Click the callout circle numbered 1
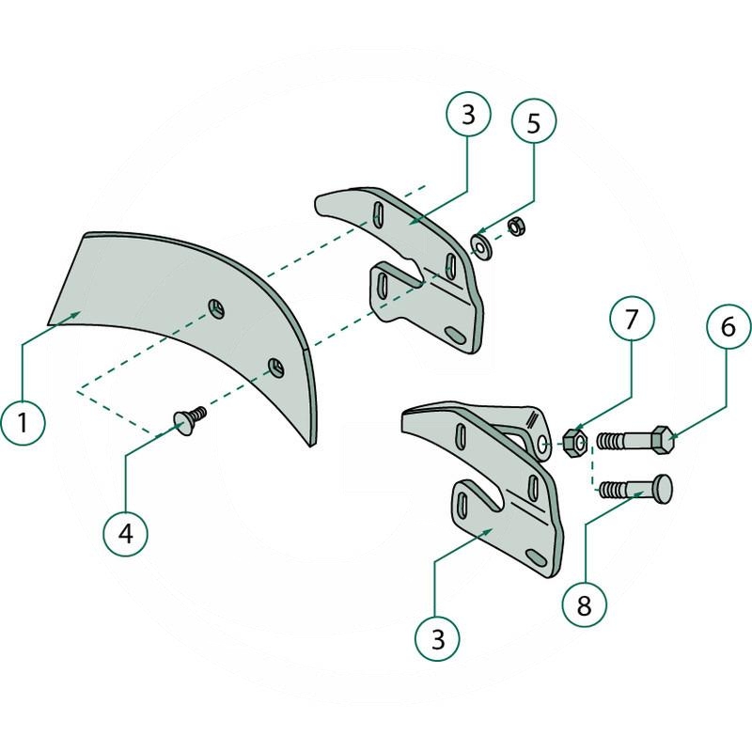(23, 422)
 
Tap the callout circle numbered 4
(126, 533)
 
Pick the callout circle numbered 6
(728, 326)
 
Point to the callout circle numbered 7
(632, 319)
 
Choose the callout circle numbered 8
(584, 604)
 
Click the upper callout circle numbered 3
(468, 114)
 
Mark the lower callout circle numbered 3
(437, 639)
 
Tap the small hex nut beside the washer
(515, 226)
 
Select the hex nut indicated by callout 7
(575, 443)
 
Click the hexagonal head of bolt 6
(664, 439)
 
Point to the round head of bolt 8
(664, 488)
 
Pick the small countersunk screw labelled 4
(190, 420)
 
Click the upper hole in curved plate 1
(216, 308)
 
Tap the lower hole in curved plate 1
(275, 368)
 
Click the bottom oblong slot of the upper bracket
(455, 336)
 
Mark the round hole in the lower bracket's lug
(543, 443)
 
